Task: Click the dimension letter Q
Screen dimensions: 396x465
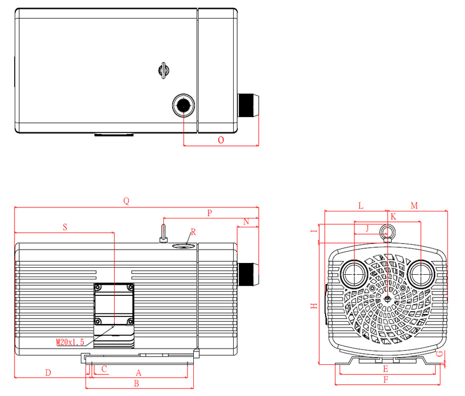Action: pos(126,201)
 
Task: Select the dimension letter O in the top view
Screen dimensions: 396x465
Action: pos(221,140)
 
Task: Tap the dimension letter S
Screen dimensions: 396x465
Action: pos(64,226)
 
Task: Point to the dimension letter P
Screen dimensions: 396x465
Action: pos(209,212)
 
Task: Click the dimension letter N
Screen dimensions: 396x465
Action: pos(246,221)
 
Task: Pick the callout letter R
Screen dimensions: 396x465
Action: pos(193,232)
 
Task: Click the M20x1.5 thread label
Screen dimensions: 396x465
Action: pos(70,342)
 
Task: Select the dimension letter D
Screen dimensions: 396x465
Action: pos(49,372)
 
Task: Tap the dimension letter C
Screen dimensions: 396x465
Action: pos(104,369)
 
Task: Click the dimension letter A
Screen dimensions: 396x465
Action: pos(139,373)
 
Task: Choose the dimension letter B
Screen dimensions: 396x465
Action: pos(136,384)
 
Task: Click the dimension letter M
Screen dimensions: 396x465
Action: pos(413,206)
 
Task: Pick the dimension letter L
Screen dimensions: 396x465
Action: pos(361,206)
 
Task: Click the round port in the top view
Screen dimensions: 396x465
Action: pos(183,106)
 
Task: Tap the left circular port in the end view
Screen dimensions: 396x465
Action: pos(354,273)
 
